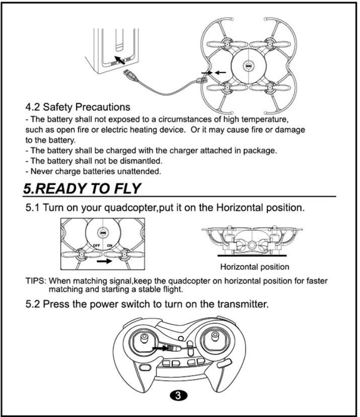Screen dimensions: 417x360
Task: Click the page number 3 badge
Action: coord(179,395)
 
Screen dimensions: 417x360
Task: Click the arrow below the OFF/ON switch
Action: coord(104,262)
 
